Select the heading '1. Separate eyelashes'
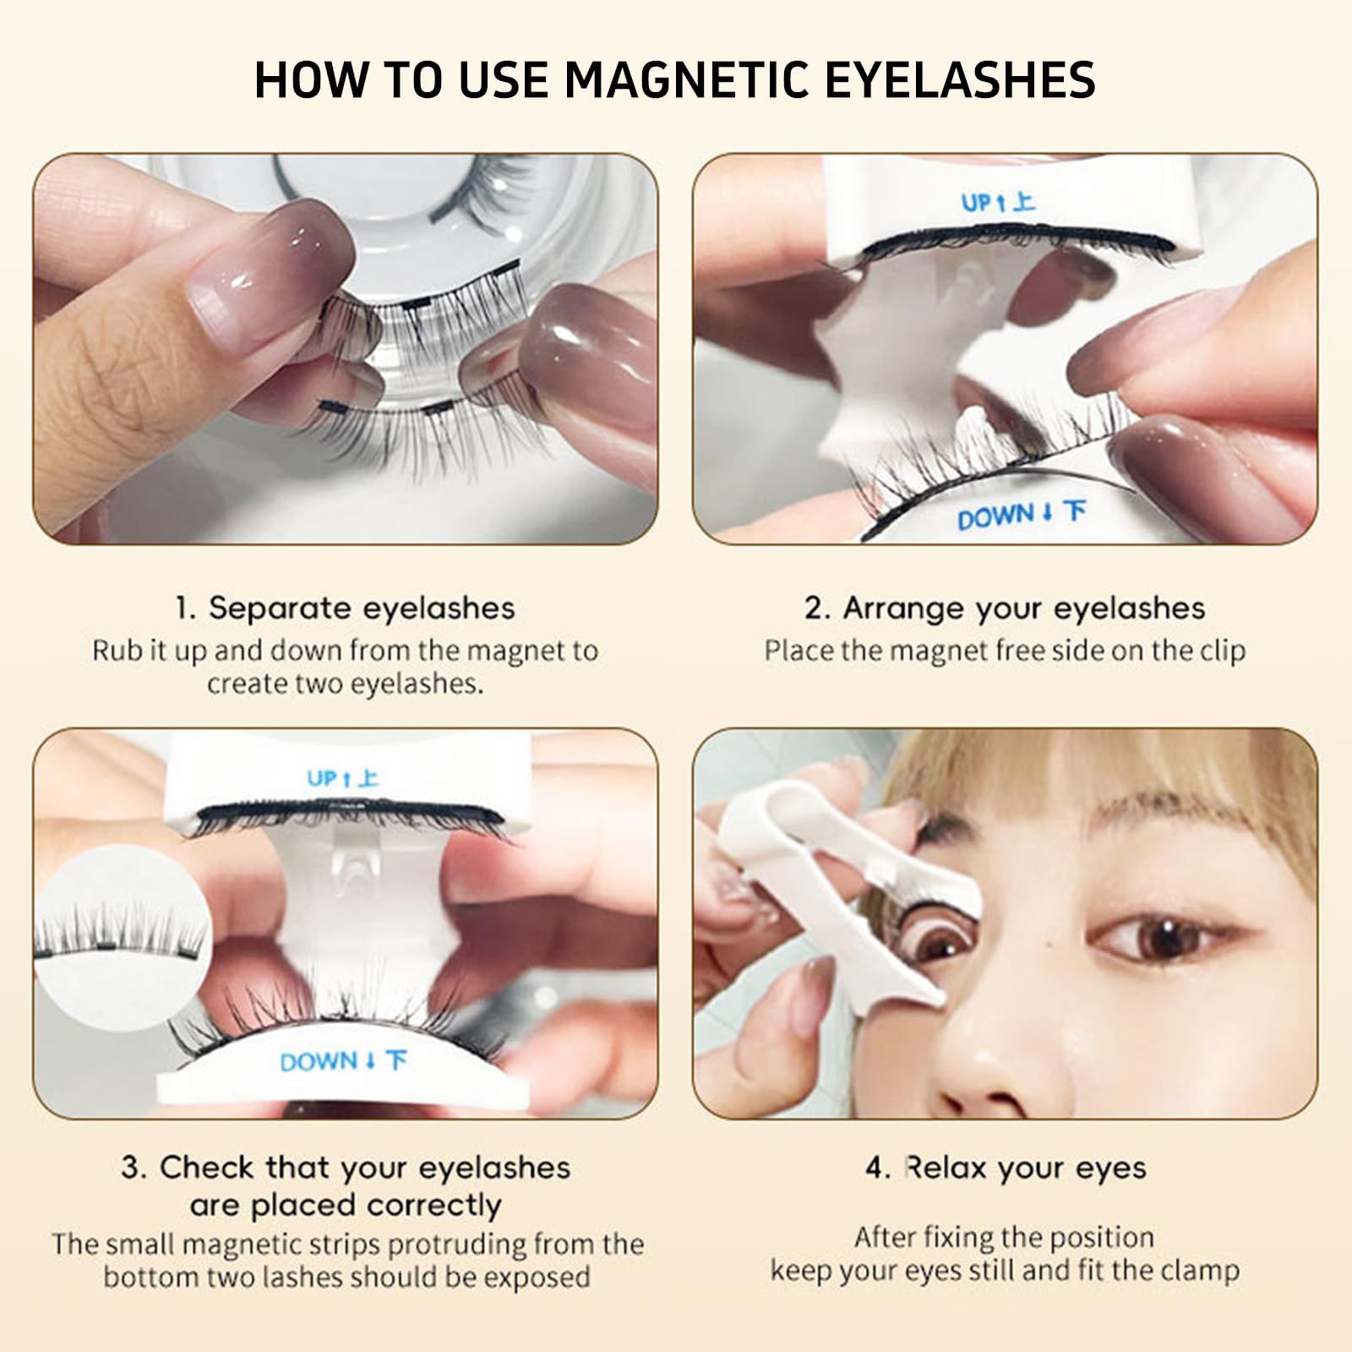coord(345,608)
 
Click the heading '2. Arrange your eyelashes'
coord(1004,608)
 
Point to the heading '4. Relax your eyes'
coord(1006,1168)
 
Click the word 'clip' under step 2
coord(1222,651)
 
